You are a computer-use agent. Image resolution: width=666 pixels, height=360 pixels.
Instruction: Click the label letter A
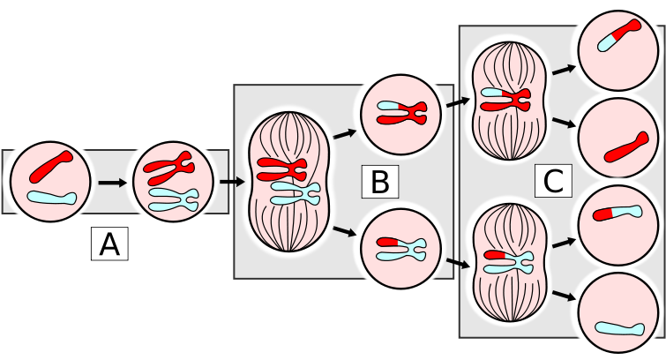[x=109, y=244]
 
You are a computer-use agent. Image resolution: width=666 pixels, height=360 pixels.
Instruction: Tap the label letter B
[x=379, y=183]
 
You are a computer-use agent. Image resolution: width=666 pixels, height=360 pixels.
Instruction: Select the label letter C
[x=553, y=183]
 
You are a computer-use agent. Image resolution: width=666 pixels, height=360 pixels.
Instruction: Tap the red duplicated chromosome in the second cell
[x=168, y=165]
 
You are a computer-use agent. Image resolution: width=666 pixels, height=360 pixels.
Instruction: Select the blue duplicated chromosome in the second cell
[x=173, y=198]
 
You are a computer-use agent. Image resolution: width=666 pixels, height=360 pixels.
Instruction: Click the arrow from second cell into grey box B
[x=230, y=183]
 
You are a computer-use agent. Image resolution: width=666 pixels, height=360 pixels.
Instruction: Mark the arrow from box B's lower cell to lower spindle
[x=457, y=261]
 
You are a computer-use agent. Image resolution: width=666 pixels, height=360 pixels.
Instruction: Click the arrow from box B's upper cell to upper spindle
[x=457, y=103]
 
